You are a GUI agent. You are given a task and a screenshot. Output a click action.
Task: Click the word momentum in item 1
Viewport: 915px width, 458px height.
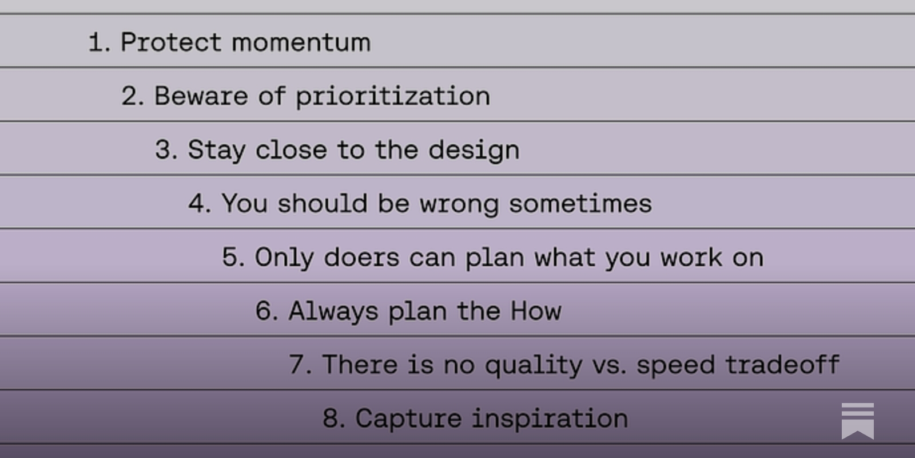point(301,42)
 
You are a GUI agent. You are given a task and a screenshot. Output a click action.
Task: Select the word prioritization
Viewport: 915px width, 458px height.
point(393,96)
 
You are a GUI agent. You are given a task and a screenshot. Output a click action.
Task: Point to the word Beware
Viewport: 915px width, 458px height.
point(201,96)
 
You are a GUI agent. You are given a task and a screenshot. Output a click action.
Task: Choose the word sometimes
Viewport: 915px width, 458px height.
point(580,204)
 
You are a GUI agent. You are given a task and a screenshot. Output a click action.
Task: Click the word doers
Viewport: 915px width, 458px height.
point(361,258)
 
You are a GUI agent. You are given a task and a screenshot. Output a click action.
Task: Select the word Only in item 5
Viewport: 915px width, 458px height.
point(284,258)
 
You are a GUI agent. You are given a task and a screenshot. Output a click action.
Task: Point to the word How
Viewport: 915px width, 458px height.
point(536,311)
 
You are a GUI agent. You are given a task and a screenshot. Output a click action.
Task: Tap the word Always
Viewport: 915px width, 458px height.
point(333,311)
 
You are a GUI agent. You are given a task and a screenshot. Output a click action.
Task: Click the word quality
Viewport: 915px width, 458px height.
point(533,365)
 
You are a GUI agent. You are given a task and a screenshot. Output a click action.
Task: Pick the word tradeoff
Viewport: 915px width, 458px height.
point(782,365)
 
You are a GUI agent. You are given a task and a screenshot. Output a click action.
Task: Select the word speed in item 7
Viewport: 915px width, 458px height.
point(675,365)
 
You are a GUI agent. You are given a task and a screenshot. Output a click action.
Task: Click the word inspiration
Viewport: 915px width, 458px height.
point(550,418)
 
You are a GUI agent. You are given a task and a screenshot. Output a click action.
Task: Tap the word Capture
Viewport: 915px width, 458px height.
point(408,418)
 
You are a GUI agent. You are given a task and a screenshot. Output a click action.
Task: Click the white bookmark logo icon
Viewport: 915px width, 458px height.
point(857,421)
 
